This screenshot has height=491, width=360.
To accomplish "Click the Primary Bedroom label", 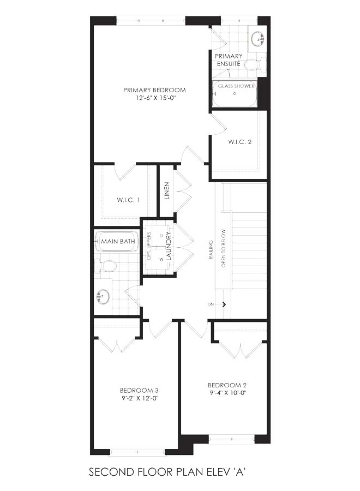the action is coord(154,90).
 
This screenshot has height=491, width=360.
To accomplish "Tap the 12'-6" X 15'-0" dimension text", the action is coord(154,98).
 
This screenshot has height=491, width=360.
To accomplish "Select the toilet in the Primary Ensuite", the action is coord(255,65).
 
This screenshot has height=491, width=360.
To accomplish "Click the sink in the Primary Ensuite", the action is coord(258,39).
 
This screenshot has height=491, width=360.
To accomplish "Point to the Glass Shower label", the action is coord(236,86).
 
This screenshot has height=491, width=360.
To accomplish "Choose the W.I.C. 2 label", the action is coord(240,142).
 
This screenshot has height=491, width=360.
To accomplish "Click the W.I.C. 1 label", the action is coord(128,200).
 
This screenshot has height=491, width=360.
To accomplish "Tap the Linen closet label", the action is coord(167,191).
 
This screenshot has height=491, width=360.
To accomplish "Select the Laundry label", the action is coord(169,246).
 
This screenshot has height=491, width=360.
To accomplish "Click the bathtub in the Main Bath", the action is coord(118,242).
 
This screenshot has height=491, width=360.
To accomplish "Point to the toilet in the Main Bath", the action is coord(105,266).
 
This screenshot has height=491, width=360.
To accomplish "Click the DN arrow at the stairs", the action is coord(223,304).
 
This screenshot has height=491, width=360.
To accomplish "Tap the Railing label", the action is coord(211,249).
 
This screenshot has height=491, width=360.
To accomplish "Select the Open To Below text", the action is coord(223,248).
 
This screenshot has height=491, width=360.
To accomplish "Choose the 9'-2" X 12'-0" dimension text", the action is coord(139,398).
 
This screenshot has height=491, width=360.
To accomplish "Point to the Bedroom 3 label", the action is coord(139,391).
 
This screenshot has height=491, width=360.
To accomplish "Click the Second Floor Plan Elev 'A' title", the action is coord(167,471).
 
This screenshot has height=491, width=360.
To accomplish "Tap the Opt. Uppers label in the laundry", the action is coord(149,246).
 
